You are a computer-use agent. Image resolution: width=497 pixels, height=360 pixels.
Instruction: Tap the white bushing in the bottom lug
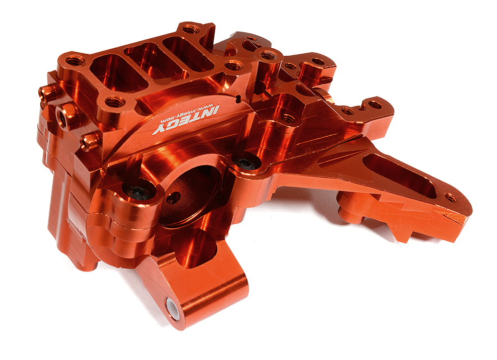coord(173,307)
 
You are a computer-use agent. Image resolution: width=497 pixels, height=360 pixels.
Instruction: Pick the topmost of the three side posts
coord(47,92)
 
